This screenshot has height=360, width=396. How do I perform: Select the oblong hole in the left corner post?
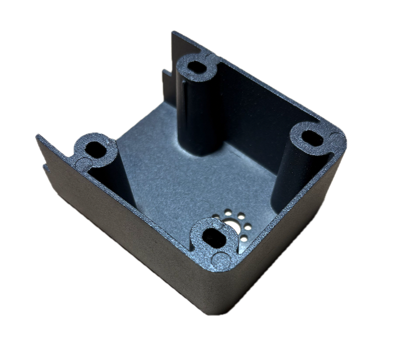98,150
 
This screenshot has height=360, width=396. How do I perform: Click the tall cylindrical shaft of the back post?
199,116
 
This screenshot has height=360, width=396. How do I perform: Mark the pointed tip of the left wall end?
36,135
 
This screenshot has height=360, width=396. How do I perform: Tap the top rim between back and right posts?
259,88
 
